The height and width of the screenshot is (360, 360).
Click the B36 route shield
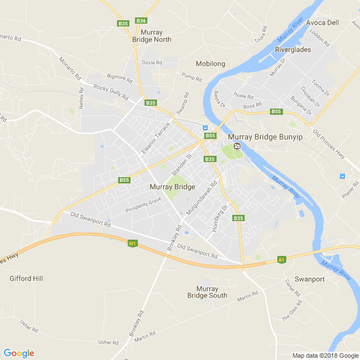click(141, 21)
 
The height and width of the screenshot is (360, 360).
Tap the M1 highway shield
click(132, 244)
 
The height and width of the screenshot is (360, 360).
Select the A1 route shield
click(282, 260)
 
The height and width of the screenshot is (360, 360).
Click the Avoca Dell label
click(323, 23)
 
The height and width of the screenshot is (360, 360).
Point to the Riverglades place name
click(293, 49)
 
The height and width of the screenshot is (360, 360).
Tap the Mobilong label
click(210, 64)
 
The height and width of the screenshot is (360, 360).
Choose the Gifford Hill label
click(26, 278)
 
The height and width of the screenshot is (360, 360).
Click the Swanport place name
click(310, 279)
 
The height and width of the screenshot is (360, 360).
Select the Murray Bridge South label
click(208, 292)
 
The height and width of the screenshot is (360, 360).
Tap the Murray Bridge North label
click(152, 36)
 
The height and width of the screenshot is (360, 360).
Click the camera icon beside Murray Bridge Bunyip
click(237, 146)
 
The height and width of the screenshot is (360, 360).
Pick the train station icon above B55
click(205, 128)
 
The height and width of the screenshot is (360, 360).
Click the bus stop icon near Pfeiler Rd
click(343, 176)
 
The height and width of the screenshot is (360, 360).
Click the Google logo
click(19, 353)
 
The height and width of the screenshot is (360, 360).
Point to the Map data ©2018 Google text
click(325, 355)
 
